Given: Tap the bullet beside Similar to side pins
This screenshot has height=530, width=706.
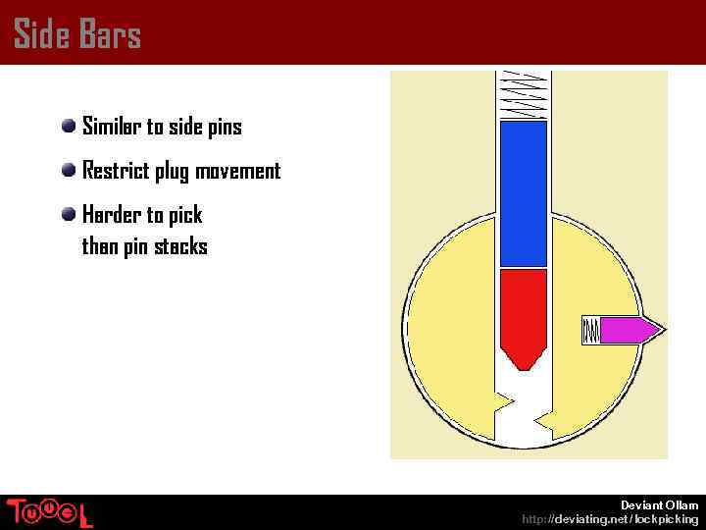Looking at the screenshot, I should pos(69,126).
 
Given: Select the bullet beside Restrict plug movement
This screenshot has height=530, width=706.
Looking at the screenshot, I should pos(69,170).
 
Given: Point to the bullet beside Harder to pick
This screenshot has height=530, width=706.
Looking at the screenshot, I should pos(69,214).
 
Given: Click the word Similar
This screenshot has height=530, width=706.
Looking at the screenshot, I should pos(112,127).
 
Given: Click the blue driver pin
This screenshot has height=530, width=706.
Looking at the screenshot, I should pos(523,193).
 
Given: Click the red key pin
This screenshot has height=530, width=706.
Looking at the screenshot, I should pos(523,309).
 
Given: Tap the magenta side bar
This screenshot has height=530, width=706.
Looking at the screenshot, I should pos(624,330).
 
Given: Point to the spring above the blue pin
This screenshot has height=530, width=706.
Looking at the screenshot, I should pos(523,94).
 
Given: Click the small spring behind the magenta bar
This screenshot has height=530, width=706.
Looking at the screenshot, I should pos(590,330).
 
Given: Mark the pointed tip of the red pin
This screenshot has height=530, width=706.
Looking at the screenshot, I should pos(523,364).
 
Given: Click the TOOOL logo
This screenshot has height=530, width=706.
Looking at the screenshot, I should pos(49,512).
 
